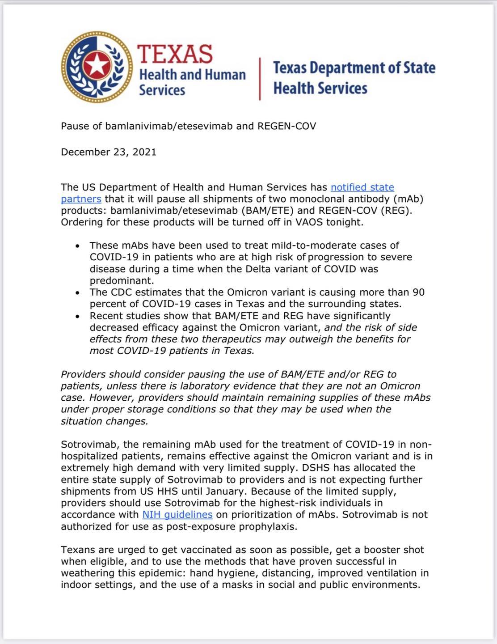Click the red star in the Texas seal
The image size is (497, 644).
click(97, 67)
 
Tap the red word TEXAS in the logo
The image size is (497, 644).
click(175, 54)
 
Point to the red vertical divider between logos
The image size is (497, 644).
click(260, 79)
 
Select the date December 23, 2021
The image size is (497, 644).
click(109, 152)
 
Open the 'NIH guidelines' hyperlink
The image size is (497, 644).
click(177, 515)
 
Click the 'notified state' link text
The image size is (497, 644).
click(362, 187)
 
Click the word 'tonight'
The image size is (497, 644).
click(343, 222)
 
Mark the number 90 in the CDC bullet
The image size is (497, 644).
click(418, 292)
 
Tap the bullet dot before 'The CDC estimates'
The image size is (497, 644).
click(78, 293)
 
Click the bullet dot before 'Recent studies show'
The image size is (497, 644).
click(78, 316)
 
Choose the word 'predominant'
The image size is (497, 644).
click(120, 281)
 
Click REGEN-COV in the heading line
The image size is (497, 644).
click(286, 126)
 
